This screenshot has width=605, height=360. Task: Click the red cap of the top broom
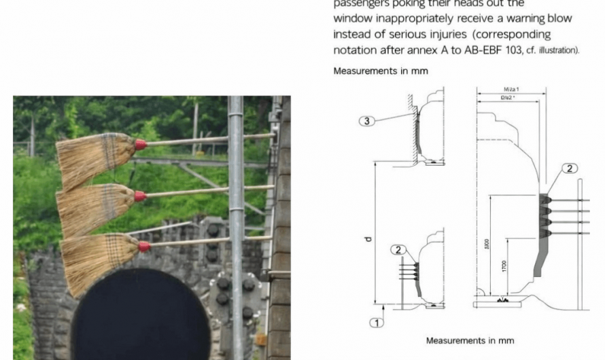(140, 144)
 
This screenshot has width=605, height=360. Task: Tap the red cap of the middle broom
(140, 196)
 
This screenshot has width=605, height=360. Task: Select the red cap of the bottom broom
(143, 247)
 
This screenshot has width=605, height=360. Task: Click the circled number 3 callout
(366, 121)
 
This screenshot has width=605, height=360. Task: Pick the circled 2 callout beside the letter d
(399, 250)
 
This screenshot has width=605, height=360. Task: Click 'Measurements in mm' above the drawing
(381, 71)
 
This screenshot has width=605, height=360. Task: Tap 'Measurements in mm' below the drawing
(470, 340)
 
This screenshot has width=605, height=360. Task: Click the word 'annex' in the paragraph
(417, 50)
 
